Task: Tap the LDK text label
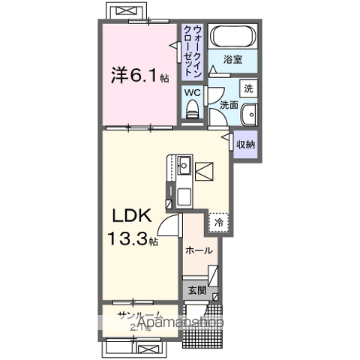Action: coord(133,217)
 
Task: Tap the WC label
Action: coord(193,93)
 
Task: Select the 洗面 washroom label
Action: coord(229,106)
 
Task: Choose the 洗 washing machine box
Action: coord(250,87)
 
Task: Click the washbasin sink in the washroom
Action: coord(250,114)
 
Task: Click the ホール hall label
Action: coord(199,250)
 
